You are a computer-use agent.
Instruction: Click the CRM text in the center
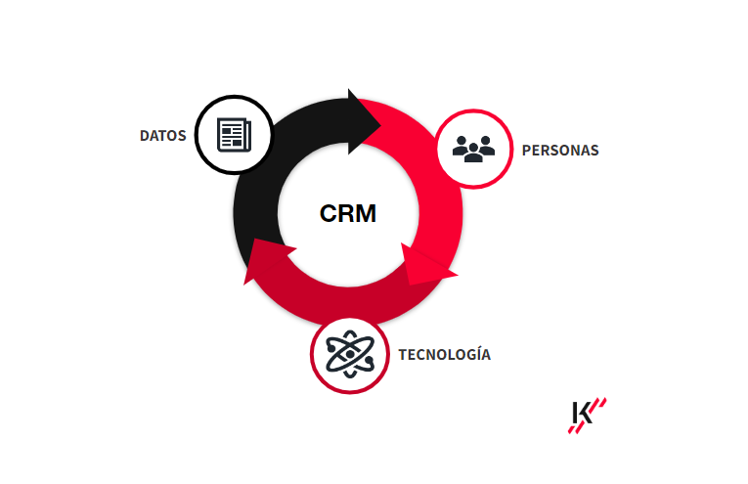(348, 213)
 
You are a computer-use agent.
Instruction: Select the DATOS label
(162, 136)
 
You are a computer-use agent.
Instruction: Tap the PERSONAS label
(560, 151)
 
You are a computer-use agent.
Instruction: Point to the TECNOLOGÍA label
(444, 354)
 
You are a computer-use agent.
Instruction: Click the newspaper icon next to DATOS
(235, 135)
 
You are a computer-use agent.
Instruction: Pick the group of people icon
(473, 150)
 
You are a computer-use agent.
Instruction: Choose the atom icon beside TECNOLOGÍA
(350, 354)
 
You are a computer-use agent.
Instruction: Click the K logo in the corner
(588, 416)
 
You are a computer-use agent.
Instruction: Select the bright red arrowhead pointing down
(426, 266)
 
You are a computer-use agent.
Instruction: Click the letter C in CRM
(329, 213)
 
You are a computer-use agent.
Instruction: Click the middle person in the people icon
(473, 153)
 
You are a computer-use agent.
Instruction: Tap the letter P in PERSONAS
(526, 151)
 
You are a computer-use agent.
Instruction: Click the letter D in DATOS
(145, 136)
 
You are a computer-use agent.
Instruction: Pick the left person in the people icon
(462, 146)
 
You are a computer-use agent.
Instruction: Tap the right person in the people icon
(486, 146)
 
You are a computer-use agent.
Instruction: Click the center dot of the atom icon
(350, 354)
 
